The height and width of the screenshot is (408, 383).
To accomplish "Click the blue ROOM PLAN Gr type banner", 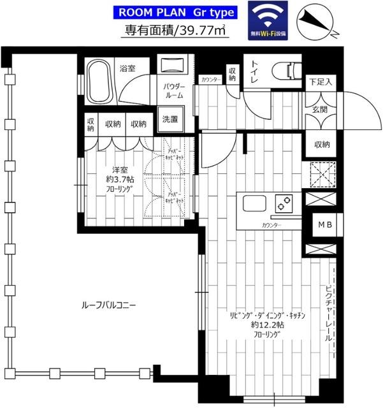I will point(175,12).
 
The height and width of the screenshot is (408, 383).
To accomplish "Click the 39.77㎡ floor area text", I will point(175,30).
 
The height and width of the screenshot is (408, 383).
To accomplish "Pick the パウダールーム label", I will point(173,90).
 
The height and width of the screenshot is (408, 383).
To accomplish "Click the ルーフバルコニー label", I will point(108,305).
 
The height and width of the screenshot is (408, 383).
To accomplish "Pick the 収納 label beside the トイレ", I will point(232,75).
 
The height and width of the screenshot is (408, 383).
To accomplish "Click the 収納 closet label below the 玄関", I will point(322,145).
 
